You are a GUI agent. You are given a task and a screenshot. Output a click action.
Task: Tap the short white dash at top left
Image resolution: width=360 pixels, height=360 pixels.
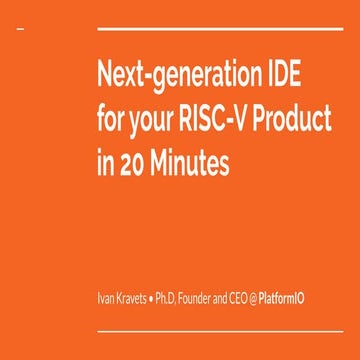point(21,31)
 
